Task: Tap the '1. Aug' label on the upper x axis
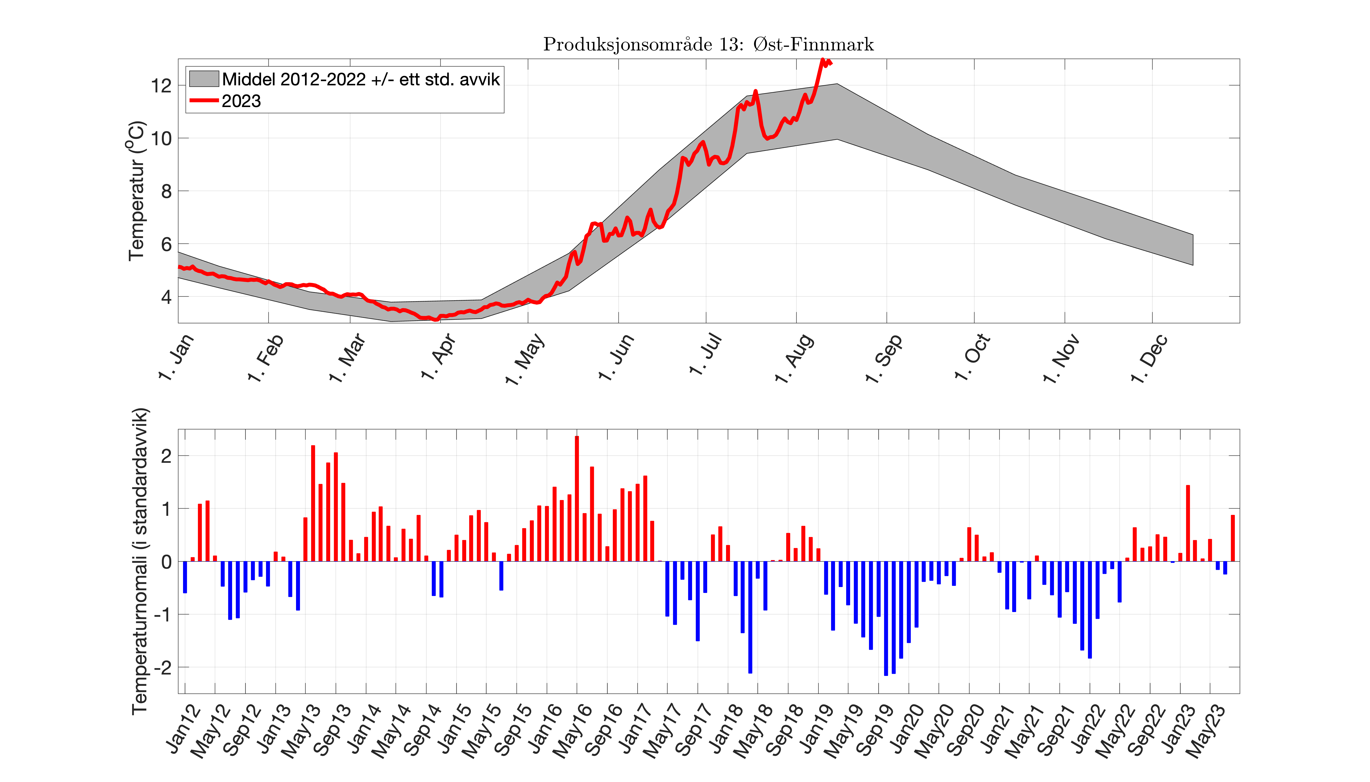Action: (x=794, y=358)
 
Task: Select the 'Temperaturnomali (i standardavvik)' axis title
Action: (x=140, y=561)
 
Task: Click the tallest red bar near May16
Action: (x=576, y=500)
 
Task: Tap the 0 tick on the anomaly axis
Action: (x=166, y=562)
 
